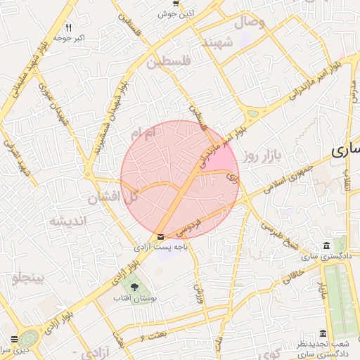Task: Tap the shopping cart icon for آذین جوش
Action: pyautogui.click(x=176, y=4)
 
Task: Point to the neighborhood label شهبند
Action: pyautogui.click(x=217, y=44)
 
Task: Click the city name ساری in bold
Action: pyautogui.click(x=345, y=150)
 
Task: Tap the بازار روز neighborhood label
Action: pyautogui.click(x=263, y=155)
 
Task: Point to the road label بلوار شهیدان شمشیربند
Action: pyautogui.click(x=113, y=103)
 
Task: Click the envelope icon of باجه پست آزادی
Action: pyautogui.click(x=162, y=237)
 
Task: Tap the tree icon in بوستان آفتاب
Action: pyautogui.click(x=134, y=287)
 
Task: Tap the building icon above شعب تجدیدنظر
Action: pyautogui.click(x=323, y=333)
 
